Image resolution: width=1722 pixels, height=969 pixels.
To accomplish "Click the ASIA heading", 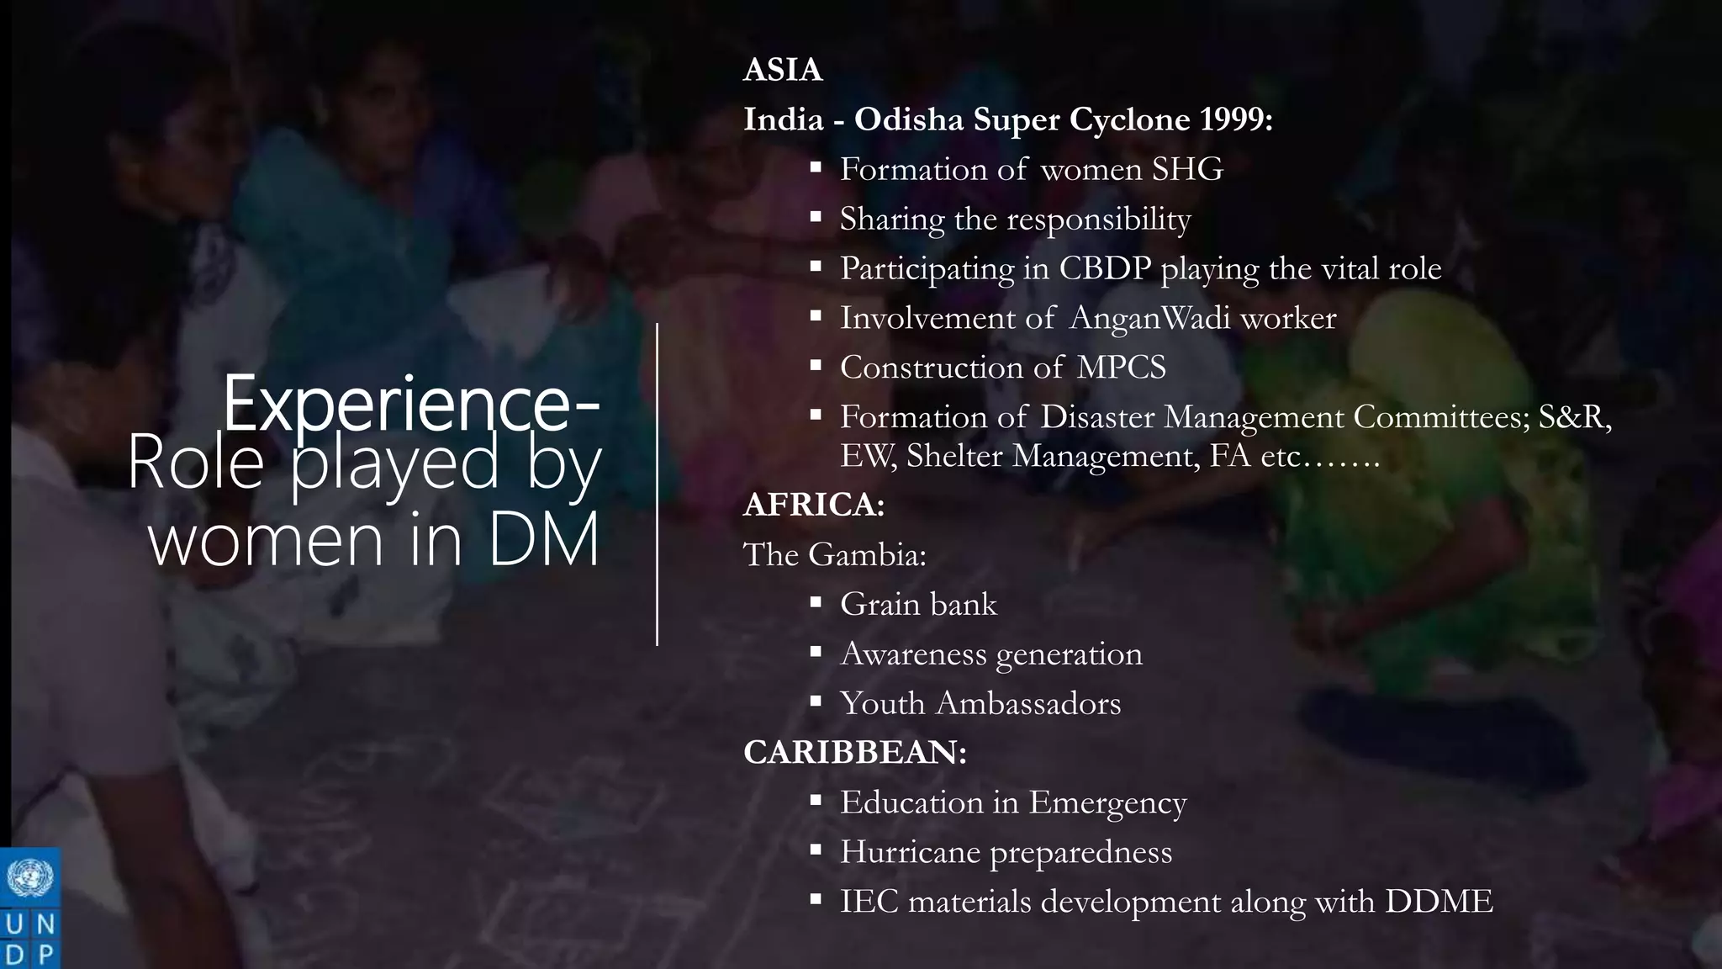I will coord(782,70).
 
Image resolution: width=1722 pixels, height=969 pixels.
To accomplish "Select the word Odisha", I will coord(909,119).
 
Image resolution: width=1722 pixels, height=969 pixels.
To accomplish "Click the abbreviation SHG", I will coord(1187,169).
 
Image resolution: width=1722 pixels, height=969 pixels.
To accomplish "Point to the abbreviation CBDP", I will coord(1105,268).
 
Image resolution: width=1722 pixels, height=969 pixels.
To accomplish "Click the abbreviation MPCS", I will coord(1121,368).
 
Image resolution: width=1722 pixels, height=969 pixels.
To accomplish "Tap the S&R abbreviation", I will coord(1574,417).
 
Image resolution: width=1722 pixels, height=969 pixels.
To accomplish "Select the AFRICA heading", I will coord(813,505).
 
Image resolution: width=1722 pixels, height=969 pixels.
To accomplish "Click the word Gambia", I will coord(867,554).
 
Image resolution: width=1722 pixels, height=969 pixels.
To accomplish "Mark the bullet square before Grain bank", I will coord(816,602).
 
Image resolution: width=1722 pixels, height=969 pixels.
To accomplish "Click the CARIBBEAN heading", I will coord(854,752).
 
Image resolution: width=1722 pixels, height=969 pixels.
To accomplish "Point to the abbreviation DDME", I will coord(1439,902).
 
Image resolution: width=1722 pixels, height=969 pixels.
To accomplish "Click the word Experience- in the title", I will coord(410,405).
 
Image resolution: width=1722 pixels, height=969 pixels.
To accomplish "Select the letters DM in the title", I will coord(543,538).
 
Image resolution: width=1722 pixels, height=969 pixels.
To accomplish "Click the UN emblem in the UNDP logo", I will coord(30,878).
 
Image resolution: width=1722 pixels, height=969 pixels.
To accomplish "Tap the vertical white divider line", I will coord(657,484).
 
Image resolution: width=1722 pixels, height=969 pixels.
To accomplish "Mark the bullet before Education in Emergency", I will coord(816,801).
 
